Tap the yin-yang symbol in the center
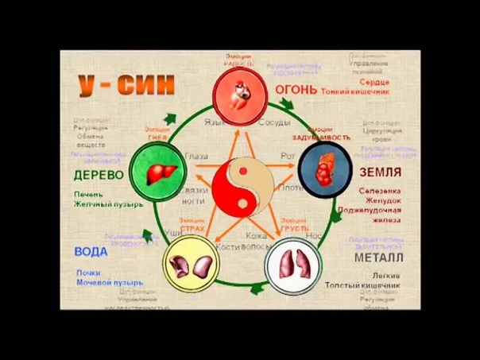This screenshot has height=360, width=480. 240,184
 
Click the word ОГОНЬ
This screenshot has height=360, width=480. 296,90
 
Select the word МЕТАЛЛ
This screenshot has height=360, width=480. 378,257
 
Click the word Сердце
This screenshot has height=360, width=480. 374,81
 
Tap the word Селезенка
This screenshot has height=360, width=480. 379,192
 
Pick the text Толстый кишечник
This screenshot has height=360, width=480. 370,284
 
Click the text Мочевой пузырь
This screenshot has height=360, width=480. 110,281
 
